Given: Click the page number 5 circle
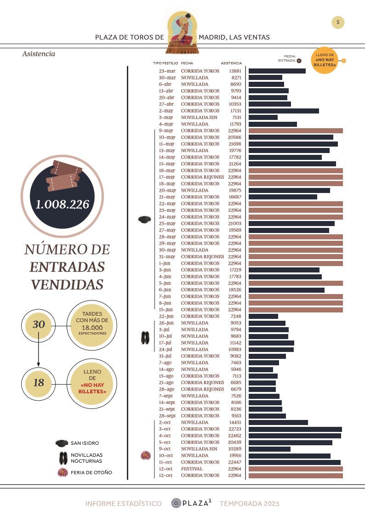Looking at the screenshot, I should [x=338, y=22].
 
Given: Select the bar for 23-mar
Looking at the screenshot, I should [x=277, y=71].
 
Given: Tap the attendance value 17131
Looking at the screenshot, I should [x=234, y=111].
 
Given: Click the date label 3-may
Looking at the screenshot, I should [x=166, y=118].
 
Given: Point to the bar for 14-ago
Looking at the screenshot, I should [x=261, y=369].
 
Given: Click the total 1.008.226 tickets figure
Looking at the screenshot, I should [x=62, y=204].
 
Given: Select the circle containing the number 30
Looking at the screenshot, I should [x=39, y=324].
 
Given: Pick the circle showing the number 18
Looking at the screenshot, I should [x=39, y=382].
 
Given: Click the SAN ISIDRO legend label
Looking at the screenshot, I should [x=85, y=443].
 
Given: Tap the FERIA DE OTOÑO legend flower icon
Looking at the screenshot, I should [x=63, y=472].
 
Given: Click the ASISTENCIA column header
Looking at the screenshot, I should [x=231, y=63].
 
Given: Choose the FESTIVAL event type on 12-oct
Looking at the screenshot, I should [x=192, y=469].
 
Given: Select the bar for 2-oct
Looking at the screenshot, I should [x=278, y=422].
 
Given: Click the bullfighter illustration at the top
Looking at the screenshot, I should [x=182, y=31].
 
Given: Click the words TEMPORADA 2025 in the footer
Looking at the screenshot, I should [x=249, y=504].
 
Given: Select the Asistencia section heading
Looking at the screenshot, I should [x=39, y=54].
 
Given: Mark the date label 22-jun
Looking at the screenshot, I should [x=167, y=316].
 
